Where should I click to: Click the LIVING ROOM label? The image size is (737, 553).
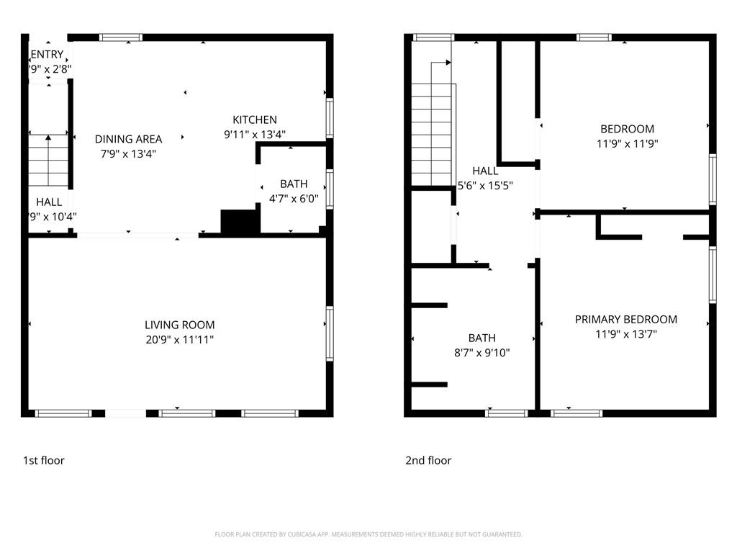[179, 325]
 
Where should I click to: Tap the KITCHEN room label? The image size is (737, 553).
[254, 120]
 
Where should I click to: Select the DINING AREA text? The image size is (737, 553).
[128, 139]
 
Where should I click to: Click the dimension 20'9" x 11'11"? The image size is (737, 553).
[179, 339]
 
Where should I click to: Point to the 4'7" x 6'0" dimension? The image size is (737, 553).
[293, 199]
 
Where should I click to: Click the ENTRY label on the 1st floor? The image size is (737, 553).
[47, 55]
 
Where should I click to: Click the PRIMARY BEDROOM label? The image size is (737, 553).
[625, 319]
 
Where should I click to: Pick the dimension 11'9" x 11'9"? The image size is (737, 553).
[627, 143]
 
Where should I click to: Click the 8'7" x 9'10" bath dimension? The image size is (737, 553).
[481, 352]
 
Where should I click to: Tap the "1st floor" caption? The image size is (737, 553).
[43, 460]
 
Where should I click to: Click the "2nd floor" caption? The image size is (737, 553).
[428, 460]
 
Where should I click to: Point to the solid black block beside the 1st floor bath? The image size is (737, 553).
[240, 222]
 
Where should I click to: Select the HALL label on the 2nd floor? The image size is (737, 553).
[485, 171]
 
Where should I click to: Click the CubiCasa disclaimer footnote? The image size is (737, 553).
[368, 534]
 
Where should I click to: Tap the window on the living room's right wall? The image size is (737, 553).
[330, 333]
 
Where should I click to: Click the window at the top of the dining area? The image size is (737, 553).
[120, 37]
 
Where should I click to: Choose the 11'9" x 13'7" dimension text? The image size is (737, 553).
[625, 333]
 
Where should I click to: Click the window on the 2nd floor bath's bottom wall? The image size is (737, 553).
[507, 413]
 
